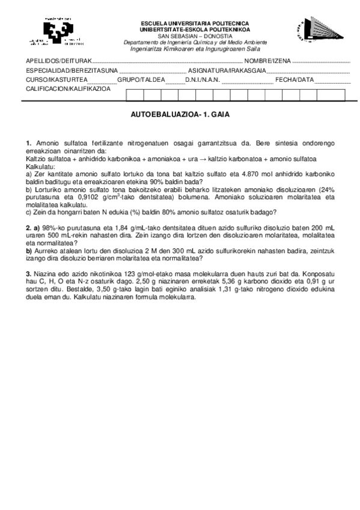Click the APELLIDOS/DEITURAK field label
point(58,61)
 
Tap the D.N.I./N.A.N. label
point(202,79)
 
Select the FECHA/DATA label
point(294,79)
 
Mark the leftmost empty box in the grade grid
point(135,94)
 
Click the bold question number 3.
point(28,275)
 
